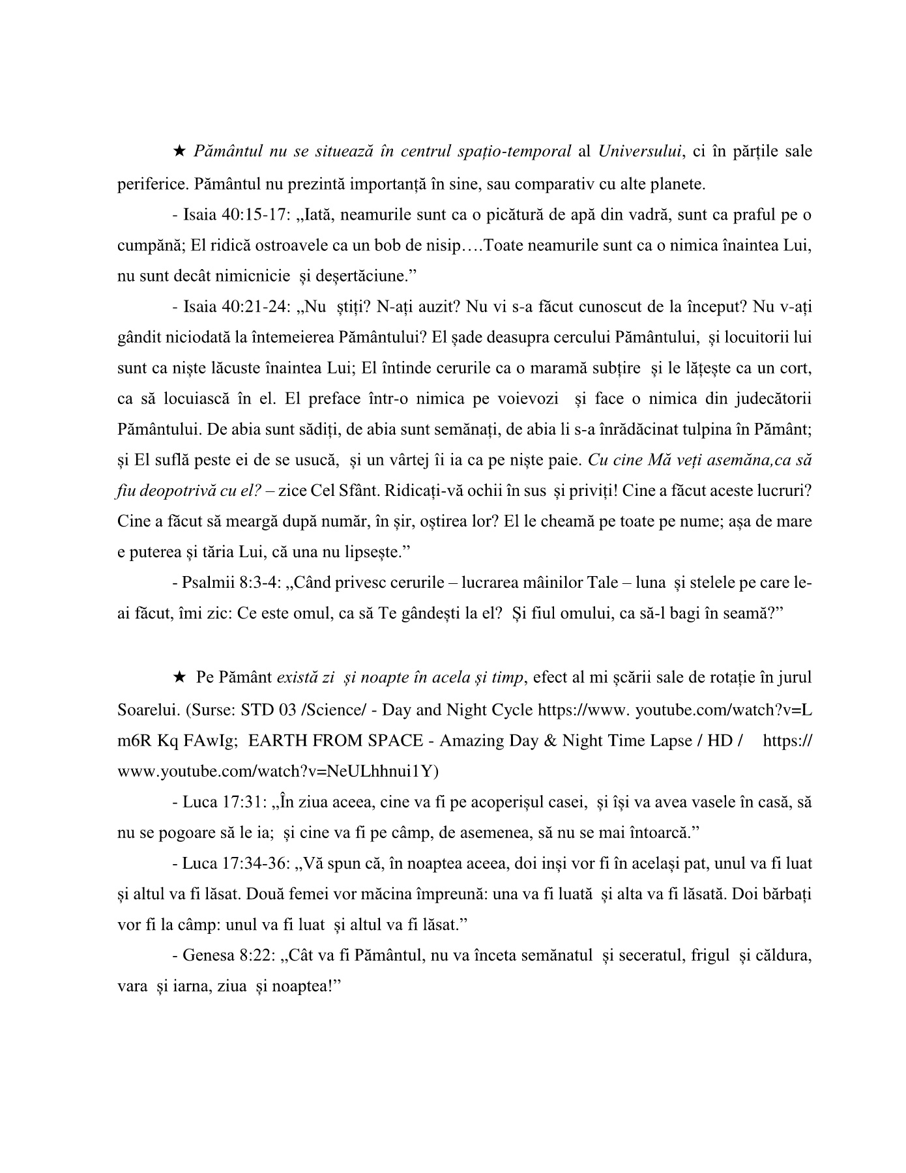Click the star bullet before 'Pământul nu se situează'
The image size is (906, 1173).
(179, 152)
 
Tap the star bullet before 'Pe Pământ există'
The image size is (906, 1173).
(179, 678)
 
